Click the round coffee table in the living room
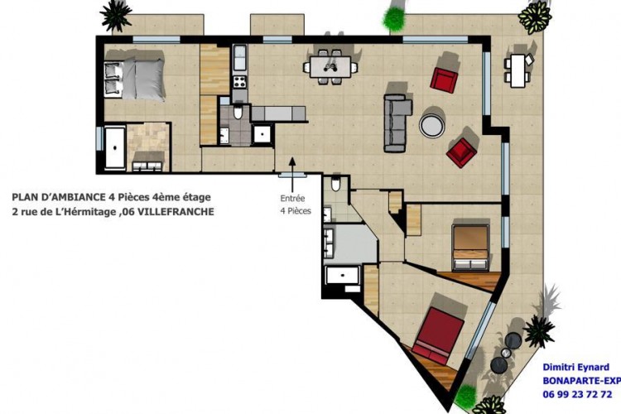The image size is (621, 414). [432, 125]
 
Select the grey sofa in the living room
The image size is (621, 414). [397, 123]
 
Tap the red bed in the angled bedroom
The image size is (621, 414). [438, 335]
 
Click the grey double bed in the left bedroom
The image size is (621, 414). [134, 79]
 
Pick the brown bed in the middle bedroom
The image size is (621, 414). [470, 248]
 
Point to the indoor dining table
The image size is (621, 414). [330, 67]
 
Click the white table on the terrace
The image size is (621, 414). [518, 70]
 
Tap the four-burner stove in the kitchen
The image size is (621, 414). [239, 82]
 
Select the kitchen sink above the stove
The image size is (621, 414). [239, 58]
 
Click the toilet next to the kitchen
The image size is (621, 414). [238, 113]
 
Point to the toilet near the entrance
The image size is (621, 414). [336, 184]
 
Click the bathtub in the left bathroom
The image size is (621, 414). [115, 147]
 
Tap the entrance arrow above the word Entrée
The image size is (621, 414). [292, 175]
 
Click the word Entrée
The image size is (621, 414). [292, 199]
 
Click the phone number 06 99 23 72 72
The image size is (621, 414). [577, 394]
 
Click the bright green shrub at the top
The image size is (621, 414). [394, 17]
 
